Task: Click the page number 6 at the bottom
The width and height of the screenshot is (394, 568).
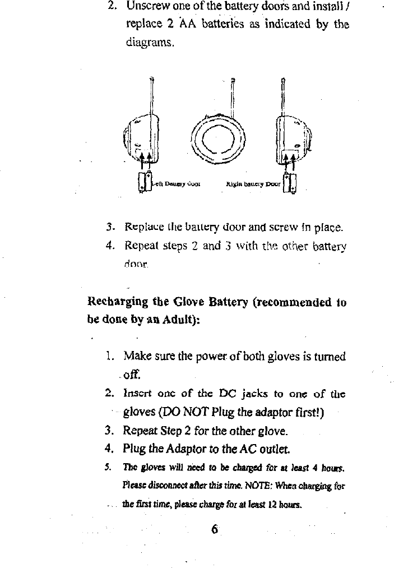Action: (x=214, y=530)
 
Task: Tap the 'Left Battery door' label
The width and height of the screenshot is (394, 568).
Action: (x=175, y=183)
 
